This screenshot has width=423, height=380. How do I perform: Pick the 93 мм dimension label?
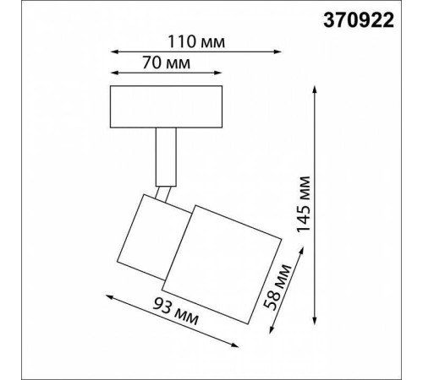click(x=176, y=314)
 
